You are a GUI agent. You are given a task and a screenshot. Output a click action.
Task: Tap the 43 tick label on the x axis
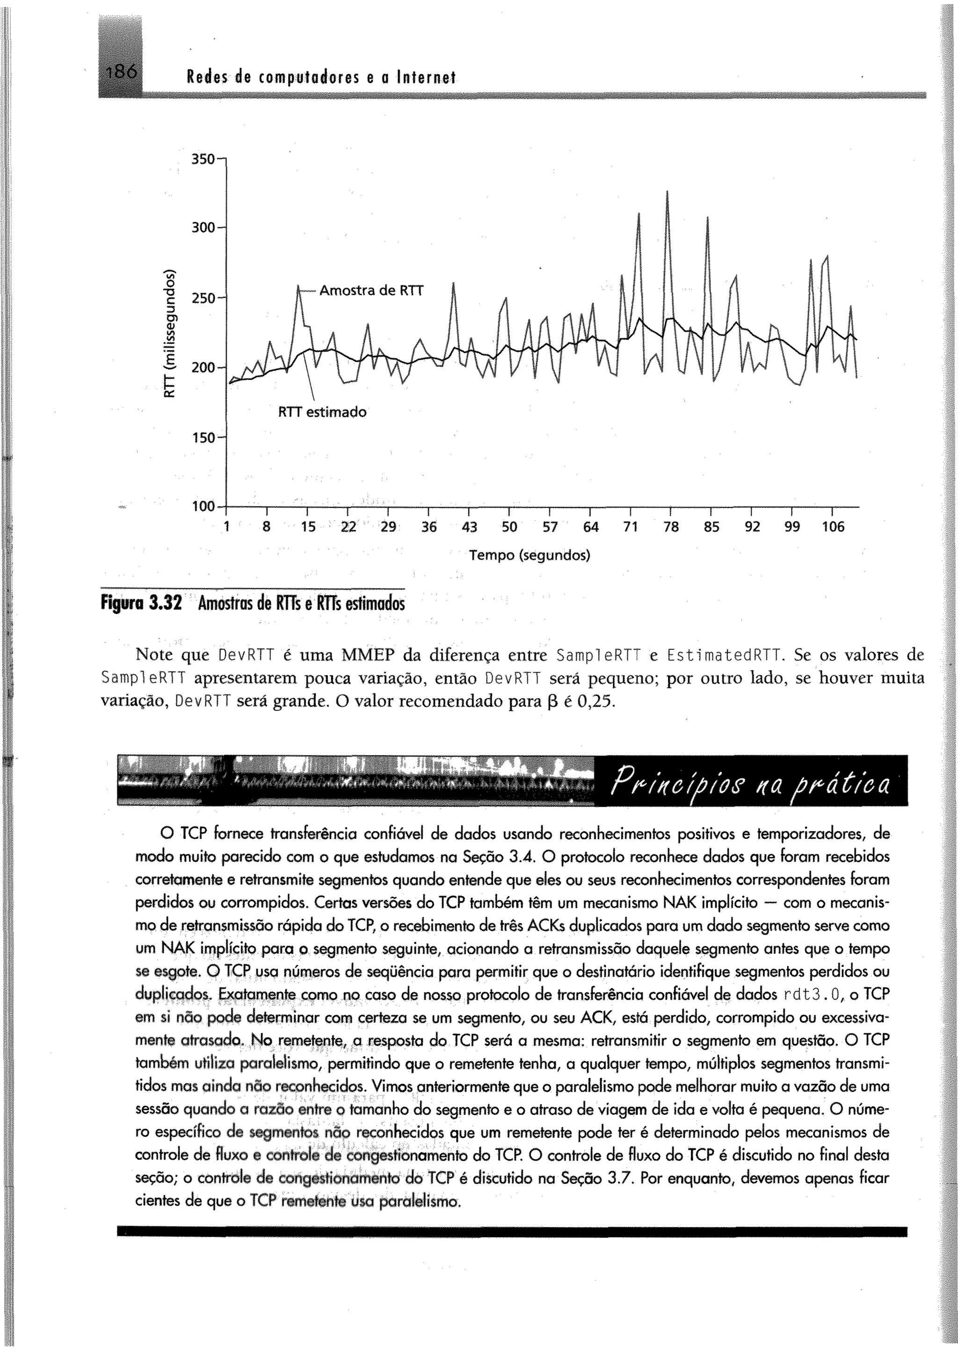[469, 527]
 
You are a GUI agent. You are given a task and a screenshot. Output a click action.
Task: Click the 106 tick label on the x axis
[833, 527]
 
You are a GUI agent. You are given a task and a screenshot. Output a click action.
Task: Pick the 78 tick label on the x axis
[671, 527]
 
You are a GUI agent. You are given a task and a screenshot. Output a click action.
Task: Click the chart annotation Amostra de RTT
[371, 291]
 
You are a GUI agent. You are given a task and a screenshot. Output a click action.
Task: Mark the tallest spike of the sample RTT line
[667, 192]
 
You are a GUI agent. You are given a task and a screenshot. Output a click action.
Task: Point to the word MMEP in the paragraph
[369, 655]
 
